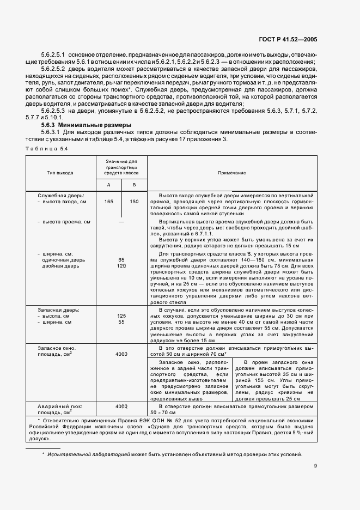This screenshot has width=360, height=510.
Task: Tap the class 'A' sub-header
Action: (108, 184)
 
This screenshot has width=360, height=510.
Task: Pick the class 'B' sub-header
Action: (134, 184)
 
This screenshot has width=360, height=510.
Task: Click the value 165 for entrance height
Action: (108, 201)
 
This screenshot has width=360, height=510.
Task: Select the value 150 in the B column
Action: (134, 201)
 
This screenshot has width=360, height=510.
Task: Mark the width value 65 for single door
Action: (121, 259)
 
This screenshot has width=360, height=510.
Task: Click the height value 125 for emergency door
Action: (121, 315)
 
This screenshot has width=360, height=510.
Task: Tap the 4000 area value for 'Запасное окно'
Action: (121, 354)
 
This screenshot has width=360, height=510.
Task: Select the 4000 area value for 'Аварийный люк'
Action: (121, 406)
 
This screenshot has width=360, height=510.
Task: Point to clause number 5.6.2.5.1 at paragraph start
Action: (50, 55)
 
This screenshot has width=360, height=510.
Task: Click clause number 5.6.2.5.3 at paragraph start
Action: (50, 111)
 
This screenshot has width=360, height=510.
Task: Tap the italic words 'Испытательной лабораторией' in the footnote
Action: (82, 454)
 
